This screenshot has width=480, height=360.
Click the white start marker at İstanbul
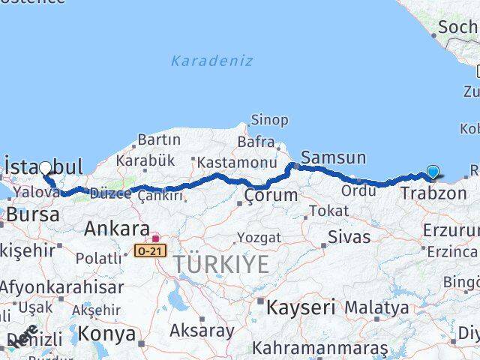click(45, 168)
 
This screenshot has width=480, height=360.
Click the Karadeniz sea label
click(211, 61)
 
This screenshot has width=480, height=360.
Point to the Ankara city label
click(116, 228)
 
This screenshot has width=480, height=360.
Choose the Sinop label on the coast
click(268, 119)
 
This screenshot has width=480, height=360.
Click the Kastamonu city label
click(227, 162)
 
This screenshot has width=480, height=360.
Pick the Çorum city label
click(271, 196)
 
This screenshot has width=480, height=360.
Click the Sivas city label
click(349, 237)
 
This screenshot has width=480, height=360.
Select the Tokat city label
click(329, 211)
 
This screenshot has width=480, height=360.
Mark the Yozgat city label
click(259, 238)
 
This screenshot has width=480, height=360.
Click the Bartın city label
click(159, 139)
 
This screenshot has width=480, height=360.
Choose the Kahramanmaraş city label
click(320, 349)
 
